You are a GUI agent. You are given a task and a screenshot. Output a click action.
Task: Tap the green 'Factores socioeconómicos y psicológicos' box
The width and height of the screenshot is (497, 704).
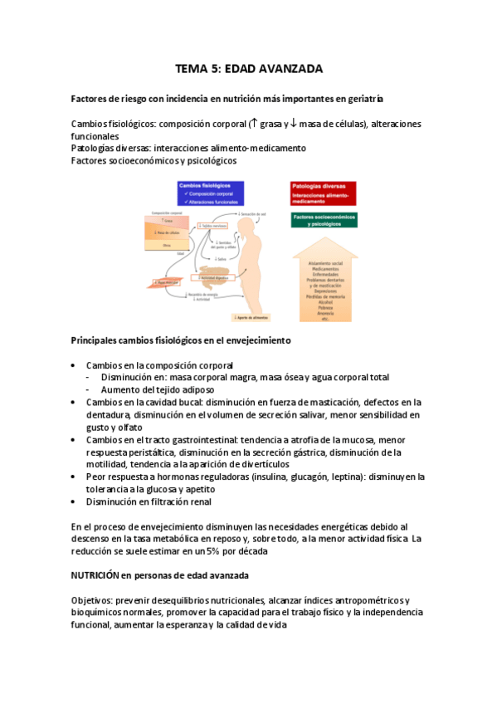(x=324, y=221)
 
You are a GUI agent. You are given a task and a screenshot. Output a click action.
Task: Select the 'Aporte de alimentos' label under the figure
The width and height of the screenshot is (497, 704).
(x=249, y=316)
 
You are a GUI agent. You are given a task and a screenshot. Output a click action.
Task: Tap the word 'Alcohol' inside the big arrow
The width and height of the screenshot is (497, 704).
(x=323, y=302)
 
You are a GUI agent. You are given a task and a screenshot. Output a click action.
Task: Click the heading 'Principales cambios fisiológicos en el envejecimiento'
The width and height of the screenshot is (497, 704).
(x=180, y=340)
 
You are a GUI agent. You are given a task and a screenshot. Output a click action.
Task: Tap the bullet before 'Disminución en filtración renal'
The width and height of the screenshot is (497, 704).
(x=76, y=501)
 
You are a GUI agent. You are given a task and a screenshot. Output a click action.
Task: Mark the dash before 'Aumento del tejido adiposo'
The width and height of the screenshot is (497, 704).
(x=90, y=389)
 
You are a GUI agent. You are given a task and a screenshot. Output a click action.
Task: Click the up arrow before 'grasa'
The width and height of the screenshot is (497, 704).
(x=253, y=124)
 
